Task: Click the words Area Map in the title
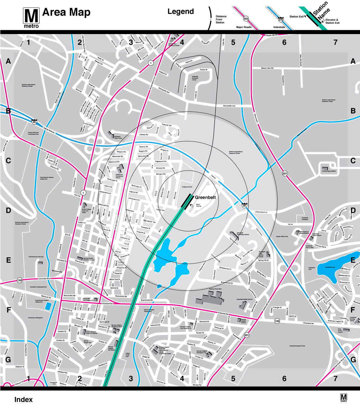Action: [x=66, y=12]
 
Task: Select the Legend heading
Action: [x=180, y=12]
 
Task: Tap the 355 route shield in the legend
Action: [x=246, y=19]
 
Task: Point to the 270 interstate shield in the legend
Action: [x=281, y=19]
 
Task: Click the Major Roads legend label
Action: [x=244, y=27]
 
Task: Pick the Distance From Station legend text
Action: [x=221, y=19]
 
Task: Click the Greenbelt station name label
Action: [x=205, y=197]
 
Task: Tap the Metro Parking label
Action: [x=198, y=205]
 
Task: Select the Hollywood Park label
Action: [x=187, y=187]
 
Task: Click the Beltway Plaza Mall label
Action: [x=215, y=289]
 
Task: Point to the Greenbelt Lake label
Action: [x=330, y=267]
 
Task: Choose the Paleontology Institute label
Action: [x=329, y=171]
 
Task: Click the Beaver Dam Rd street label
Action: [x=267, y=68]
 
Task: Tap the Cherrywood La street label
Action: [x=261, y=212]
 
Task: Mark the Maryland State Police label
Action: [x=118, y=137]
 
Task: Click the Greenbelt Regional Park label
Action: [x=297, y=346]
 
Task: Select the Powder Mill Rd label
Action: [x=271, y=35]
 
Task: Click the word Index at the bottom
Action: [x=23, y=400]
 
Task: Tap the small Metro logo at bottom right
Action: [x=344, y=398]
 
